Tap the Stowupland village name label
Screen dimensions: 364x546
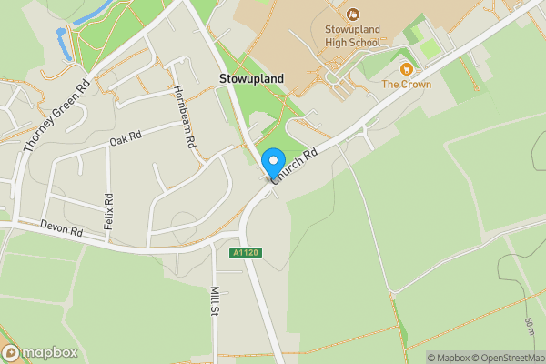tap(251, 79)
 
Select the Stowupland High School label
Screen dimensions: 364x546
tap(352, 34)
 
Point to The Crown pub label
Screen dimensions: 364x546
tap(406, 85)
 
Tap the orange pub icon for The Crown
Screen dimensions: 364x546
tap(407, 67)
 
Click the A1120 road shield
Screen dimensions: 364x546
tap(247, 252)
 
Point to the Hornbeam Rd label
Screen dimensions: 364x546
tap(184, 117)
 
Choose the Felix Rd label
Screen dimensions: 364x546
tap(108, 210)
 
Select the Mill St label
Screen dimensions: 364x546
tap(216, 301)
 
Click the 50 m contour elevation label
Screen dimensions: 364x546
tap(529, 328)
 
